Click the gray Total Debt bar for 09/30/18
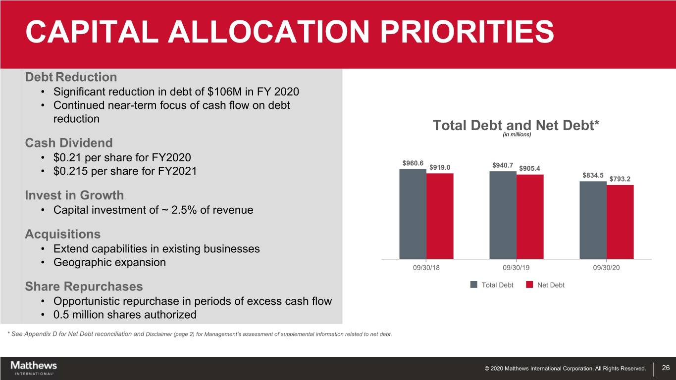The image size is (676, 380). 413,214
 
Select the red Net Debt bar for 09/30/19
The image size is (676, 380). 530,217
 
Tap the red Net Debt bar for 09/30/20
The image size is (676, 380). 620,222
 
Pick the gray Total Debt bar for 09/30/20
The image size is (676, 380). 593,220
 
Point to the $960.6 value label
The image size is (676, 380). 413,163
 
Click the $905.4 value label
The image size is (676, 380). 529,168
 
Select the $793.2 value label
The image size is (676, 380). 620,179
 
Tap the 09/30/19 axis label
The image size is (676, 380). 516,268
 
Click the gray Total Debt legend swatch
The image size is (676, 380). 474,285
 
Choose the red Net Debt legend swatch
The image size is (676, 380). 529,285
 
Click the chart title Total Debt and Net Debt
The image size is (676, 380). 516,125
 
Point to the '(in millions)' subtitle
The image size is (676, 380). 517,135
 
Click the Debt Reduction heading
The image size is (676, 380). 71,77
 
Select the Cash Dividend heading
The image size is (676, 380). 69,142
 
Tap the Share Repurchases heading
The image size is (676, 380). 84,286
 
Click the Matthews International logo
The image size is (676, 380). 34,368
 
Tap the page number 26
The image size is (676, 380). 666,368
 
